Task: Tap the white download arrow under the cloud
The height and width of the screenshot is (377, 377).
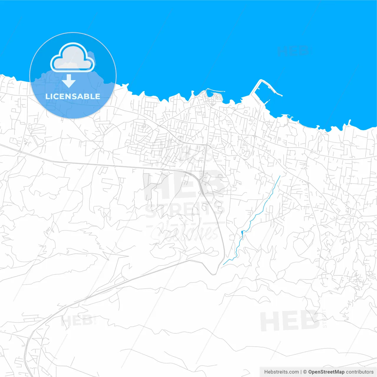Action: [69, 81]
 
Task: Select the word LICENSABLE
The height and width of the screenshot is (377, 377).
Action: [73, 96]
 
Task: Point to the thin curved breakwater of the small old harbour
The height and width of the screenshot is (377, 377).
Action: [215, 90]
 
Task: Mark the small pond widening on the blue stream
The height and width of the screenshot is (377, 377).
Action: [242, 233]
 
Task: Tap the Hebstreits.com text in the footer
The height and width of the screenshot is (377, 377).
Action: [281, 372]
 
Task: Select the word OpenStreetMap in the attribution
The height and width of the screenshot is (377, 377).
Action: [326, 372]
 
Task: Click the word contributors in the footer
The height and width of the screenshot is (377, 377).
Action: [360, 372]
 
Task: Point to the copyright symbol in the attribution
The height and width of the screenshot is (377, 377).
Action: [305, 372]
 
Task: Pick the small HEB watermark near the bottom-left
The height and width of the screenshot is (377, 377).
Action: [77, 320]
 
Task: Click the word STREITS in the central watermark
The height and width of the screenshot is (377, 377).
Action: [185, 210]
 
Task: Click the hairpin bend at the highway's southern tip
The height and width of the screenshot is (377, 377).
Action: [214, 273]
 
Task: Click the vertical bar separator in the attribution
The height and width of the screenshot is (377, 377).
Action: [301, 372]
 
